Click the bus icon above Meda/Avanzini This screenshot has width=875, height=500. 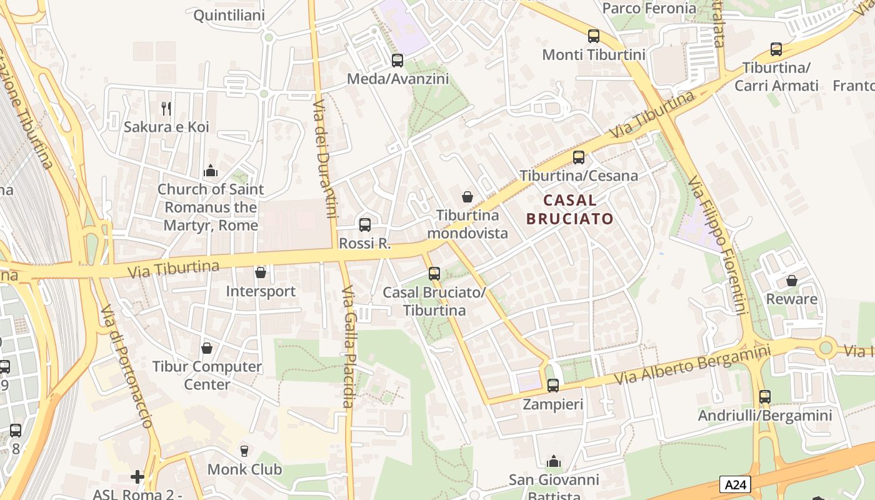click(397, 61)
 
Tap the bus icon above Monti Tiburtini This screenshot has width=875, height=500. click(594, 36)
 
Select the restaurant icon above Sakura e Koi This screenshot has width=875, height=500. click(166, 109)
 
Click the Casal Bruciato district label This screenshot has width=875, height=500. click(569, 209)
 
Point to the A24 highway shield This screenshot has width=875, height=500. click(735, 484)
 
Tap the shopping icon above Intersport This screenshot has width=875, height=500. click(261, 273)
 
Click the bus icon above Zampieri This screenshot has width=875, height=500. click(553, 386)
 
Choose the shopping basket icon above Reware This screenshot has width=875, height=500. click(792, 281)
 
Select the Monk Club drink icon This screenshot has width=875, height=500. click(244, 451)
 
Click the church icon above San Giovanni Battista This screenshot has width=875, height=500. click(553, 462)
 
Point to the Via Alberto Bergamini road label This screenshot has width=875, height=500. click(692, 366)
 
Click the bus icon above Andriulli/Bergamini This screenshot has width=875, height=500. click(765, 397)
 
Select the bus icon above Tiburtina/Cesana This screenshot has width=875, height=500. click(579, 157)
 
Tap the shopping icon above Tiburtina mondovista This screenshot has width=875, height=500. click(467, 197)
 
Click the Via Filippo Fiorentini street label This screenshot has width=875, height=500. click(718, 245)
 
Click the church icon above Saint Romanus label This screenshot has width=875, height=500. click(211, 171)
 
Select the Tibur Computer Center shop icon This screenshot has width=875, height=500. click(207, 348)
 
